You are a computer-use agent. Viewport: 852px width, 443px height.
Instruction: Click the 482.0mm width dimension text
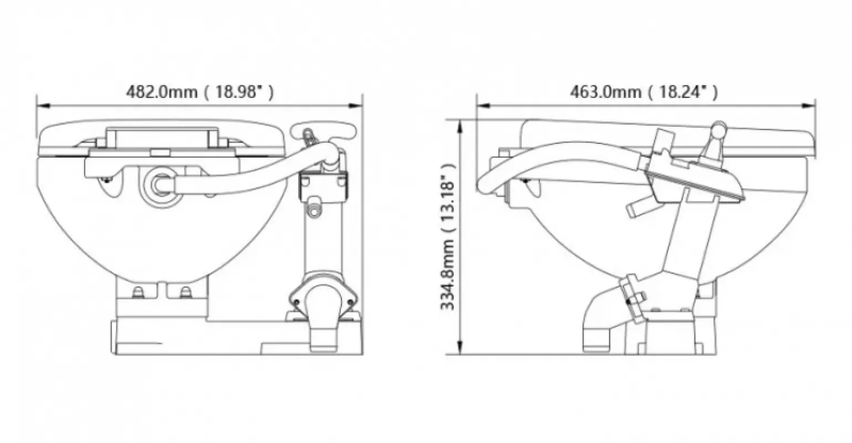[199, 92]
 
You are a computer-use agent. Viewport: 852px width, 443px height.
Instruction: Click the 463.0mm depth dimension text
[644, 92]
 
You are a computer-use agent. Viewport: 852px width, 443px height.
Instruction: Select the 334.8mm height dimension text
[448, 237]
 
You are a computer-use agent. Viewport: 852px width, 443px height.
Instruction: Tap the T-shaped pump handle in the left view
[324, 130]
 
